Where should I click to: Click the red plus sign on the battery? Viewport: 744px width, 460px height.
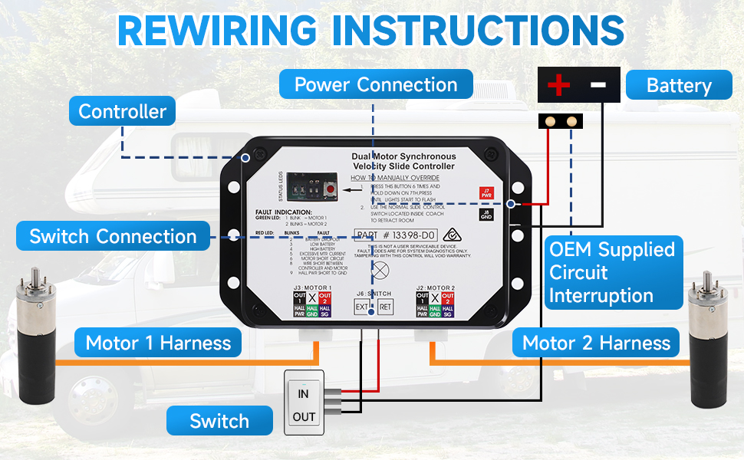coord(559,84)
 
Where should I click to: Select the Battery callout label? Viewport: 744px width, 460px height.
coord(679,84)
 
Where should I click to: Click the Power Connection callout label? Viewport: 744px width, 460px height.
coord(376,84)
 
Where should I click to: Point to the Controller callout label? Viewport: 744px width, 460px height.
coord(123,111)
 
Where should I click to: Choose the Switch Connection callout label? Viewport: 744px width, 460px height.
coord(113,236)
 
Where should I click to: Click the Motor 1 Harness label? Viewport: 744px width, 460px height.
coord(158,342)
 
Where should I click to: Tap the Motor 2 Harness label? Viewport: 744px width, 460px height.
coord(596,342)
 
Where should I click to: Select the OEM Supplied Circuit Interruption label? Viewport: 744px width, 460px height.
coord(613,272)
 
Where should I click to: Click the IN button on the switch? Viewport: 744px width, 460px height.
coord(304,393)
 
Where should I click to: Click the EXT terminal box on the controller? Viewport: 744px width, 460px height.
coord(362,307)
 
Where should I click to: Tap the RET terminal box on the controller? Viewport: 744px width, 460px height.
coord(385,307)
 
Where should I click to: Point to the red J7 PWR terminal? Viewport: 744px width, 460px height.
coord(485,192)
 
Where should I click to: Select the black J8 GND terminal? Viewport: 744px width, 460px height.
coord(485,215)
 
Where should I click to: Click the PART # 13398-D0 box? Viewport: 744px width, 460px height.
coord(397,234)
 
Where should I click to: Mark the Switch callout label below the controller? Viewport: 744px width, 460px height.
coord(219,421)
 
